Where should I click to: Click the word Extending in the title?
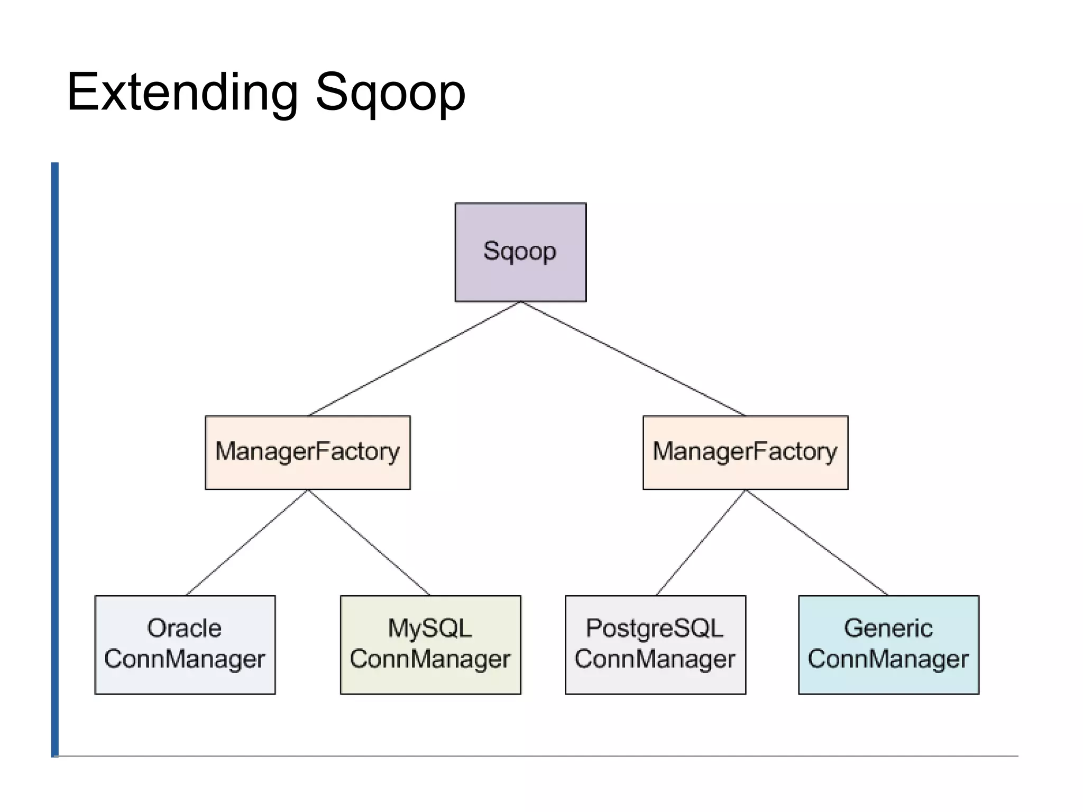click(x=182, y=93)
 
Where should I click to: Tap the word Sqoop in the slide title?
click(x=390, y=93)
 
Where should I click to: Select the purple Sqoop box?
click(x=520, y=252)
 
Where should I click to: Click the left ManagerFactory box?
click(x=307, y=452)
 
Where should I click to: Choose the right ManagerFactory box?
click(x=745, y=452)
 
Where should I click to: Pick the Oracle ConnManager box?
click(x=185, y=644)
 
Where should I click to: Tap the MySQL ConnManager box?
click(x=430, y=644)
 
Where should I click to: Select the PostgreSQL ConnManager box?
click(x=655, y=644)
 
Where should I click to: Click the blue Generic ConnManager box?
click(x=888, y=644)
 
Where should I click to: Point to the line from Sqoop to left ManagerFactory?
click(x=414, y=358)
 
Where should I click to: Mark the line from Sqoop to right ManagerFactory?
click(x=633, y=358)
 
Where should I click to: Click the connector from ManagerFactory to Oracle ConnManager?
click(x=246, y=542)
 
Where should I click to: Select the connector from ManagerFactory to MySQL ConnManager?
click(x=369, y=542)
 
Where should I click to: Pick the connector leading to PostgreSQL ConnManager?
click(x=701, y=542)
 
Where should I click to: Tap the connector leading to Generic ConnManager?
click(x=816, y=542)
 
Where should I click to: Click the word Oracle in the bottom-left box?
click(x=184, y=629)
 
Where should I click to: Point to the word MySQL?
click(x=429, y=629)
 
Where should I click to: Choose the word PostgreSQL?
click(x=654, y=629)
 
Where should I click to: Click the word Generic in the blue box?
click(x=888, y=629)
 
